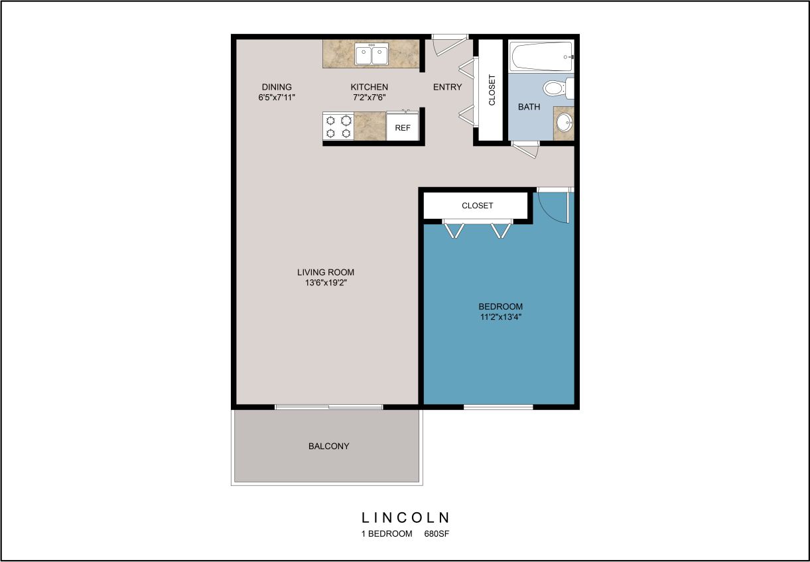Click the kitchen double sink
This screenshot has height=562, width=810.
pos(371,55)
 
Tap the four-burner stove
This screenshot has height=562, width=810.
pos(338,126)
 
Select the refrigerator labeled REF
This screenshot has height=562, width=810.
pos(403,127)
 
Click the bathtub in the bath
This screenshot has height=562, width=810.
pos(541,56)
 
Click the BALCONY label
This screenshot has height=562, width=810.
pos(328,446)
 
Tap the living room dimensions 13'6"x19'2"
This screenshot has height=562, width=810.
pos(325,283)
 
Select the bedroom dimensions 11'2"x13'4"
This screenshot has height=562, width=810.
pos(500,317)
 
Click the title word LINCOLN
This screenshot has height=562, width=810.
pos(405,518)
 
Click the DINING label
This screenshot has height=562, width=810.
pos(277,87)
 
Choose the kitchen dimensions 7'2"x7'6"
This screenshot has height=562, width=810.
pos(369,97)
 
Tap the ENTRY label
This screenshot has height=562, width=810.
pos(447,87)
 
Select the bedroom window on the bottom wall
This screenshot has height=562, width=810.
pos(498,407)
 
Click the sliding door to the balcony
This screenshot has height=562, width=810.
pos(328,407)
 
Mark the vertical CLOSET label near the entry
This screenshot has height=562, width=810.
pos(492,90)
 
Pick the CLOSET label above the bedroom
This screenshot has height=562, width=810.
pos(477,206)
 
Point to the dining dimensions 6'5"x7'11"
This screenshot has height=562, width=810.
pos(277,97)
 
